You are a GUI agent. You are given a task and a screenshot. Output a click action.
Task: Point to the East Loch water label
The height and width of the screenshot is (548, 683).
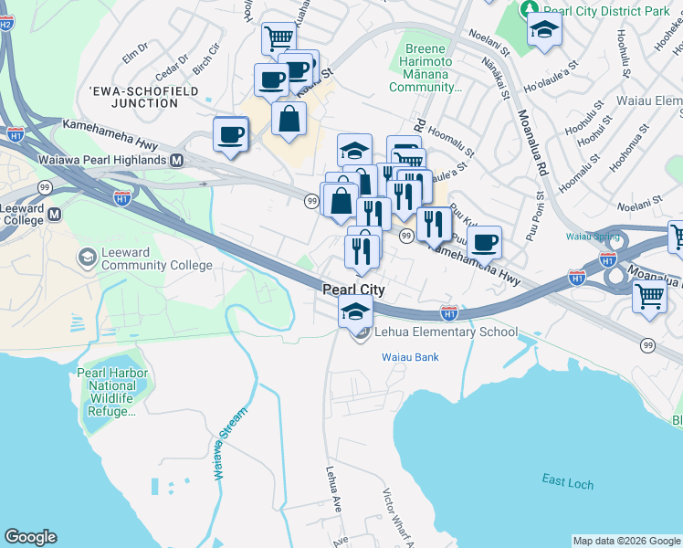566,483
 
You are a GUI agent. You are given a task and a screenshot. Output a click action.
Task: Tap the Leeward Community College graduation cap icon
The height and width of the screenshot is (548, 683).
88,256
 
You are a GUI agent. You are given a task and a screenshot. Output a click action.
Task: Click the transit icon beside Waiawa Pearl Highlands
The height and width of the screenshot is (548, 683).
177,160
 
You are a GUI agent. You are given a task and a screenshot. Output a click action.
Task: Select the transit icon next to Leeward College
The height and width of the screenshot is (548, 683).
54,215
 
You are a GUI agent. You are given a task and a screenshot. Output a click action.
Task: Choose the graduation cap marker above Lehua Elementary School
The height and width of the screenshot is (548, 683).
355,311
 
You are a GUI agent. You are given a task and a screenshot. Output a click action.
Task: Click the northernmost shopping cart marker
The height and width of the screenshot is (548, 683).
278,38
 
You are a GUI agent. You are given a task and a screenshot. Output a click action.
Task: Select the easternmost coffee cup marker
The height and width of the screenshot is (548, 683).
484,243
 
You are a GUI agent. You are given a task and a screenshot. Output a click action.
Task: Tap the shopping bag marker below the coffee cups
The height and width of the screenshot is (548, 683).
289,119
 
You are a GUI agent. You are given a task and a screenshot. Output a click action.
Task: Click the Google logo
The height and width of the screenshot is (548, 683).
30,537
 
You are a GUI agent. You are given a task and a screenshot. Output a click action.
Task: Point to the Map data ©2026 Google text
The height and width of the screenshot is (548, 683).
626,541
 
